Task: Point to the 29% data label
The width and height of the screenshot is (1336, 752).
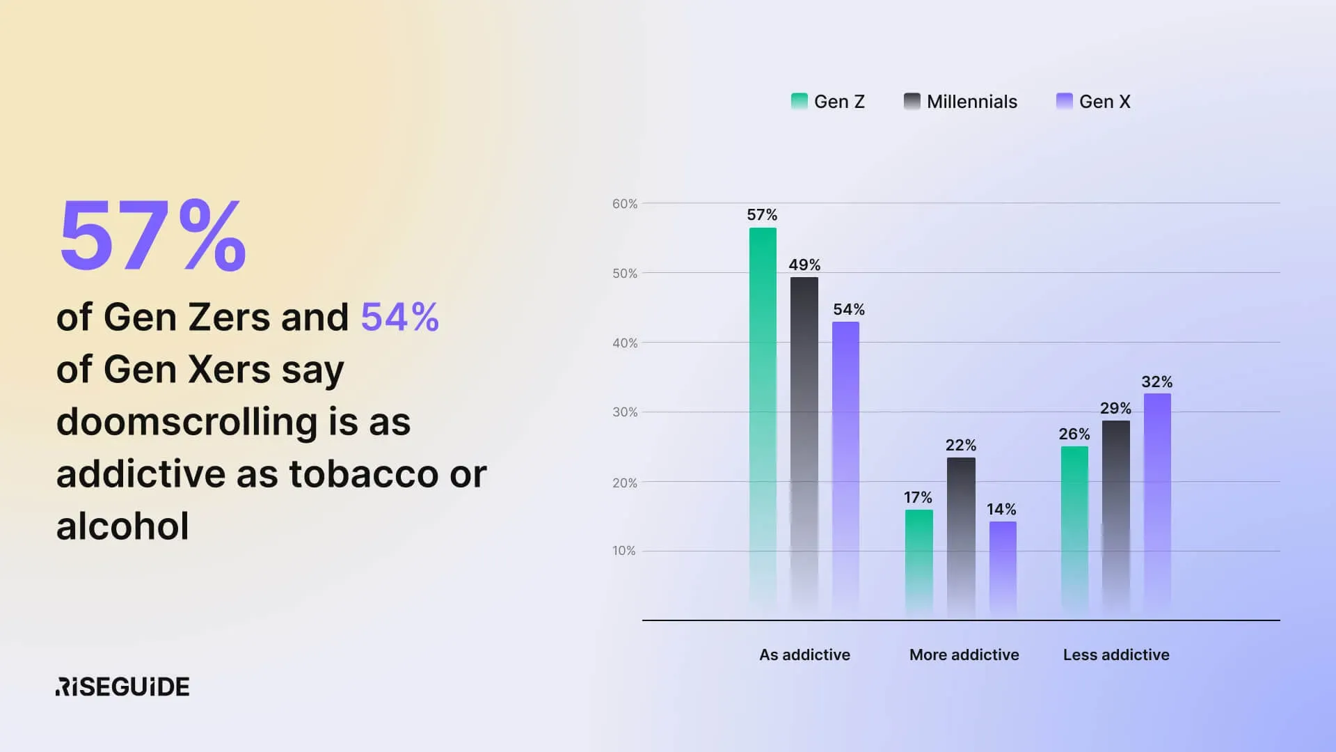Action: pos(1115,408)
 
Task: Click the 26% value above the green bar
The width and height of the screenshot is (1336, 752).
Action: pos(1074,434)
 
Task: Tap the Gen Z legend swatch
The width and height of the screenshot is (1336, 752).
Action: pos(800,102)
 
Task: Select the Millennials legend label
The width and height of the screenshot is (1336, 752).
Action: pos(972,102)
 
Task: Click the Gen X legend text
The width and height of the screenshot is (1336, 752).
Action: pos(1105,102)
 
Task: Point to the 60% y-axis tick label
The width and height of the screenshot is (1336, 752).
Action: pos(625,204)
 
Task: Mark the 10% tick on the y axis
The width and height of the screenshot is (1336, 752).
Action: pos(624,551)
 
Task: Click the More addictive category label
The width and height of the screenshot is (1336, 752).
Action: pos(964,655)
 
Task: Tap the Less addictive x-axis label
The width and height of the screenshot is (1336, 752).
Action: pos(1116,655)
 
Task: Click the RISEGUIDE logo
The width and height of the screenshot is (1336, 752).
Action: pos(122,687)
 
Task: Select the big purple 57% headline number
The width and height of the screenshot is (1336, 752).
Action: pos(153,235)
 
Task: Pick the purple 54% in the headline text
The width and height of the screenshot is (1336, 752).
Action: pos(400,317)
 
